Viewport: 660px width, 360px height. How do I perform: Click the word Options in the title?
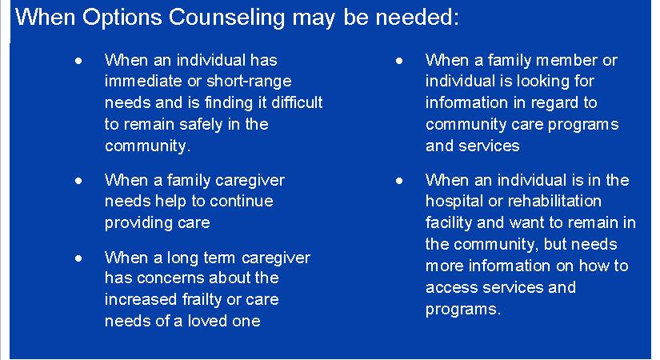122,18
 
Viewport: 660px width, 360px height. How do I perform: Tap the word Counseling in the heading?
227,18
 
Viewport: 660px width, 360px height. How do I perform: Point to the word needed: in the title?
417,18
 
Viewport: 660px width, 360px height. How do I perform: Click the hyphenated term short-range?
249,81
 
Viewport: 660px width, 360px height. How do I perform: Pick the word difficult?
297,102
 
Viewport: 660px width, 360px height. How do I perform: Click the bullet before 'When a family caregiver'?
78,181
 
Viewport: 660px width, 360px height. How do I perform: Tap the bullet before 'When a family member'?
399,61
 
